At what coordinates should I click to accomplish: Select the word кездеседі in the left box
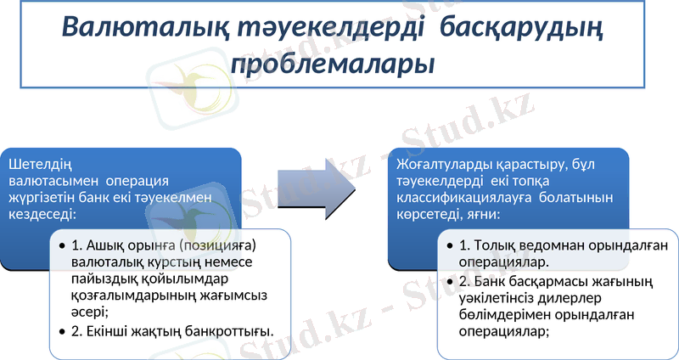(x=42, y=214)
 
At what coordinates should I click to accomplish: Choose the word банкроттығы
(x=231, y=331)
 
